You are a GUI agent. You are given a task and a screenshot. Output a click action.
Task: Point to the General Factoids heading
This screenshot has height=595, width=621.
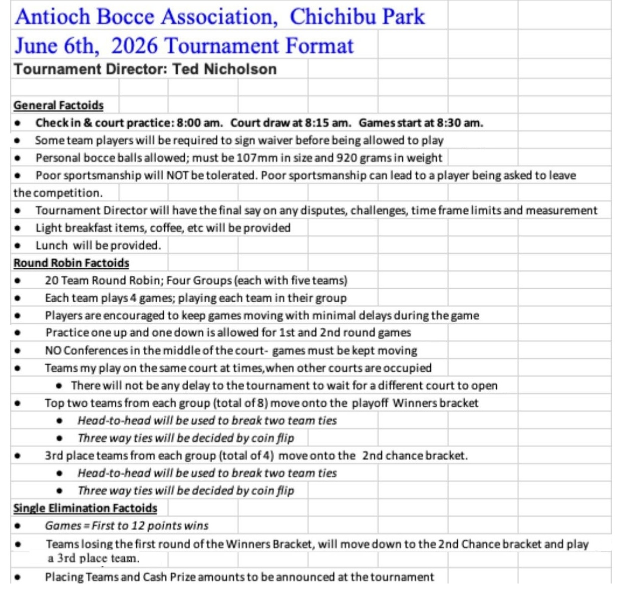point(58,105)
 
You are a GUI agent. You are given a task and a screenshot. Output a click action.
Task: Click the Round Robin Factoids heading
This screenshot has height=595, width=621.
point(71,263)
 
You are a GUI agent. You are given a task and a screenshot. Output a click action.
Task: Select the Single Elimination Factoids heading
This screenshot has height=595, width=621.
point(85,509)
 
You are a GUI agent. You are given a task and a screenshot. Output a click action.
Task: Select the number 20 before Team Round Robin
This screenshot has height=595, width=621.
point(51,281)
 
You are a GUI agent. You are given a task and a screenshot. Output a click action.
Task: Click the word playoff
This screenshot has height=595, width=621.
point(370,403)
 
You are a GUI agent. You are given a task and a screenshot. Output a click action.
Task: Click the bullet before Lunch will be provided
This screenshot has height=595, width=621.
point(18,246)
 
